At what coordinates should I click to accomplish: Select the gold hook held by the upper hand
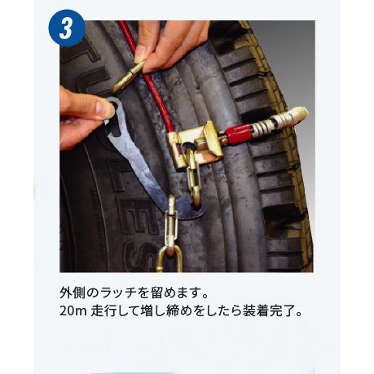click(130, 74)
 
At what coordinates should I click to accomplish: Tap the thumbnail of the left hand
click(104, 107)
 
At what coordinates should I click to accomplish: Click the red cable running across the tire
click(156, 90)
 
